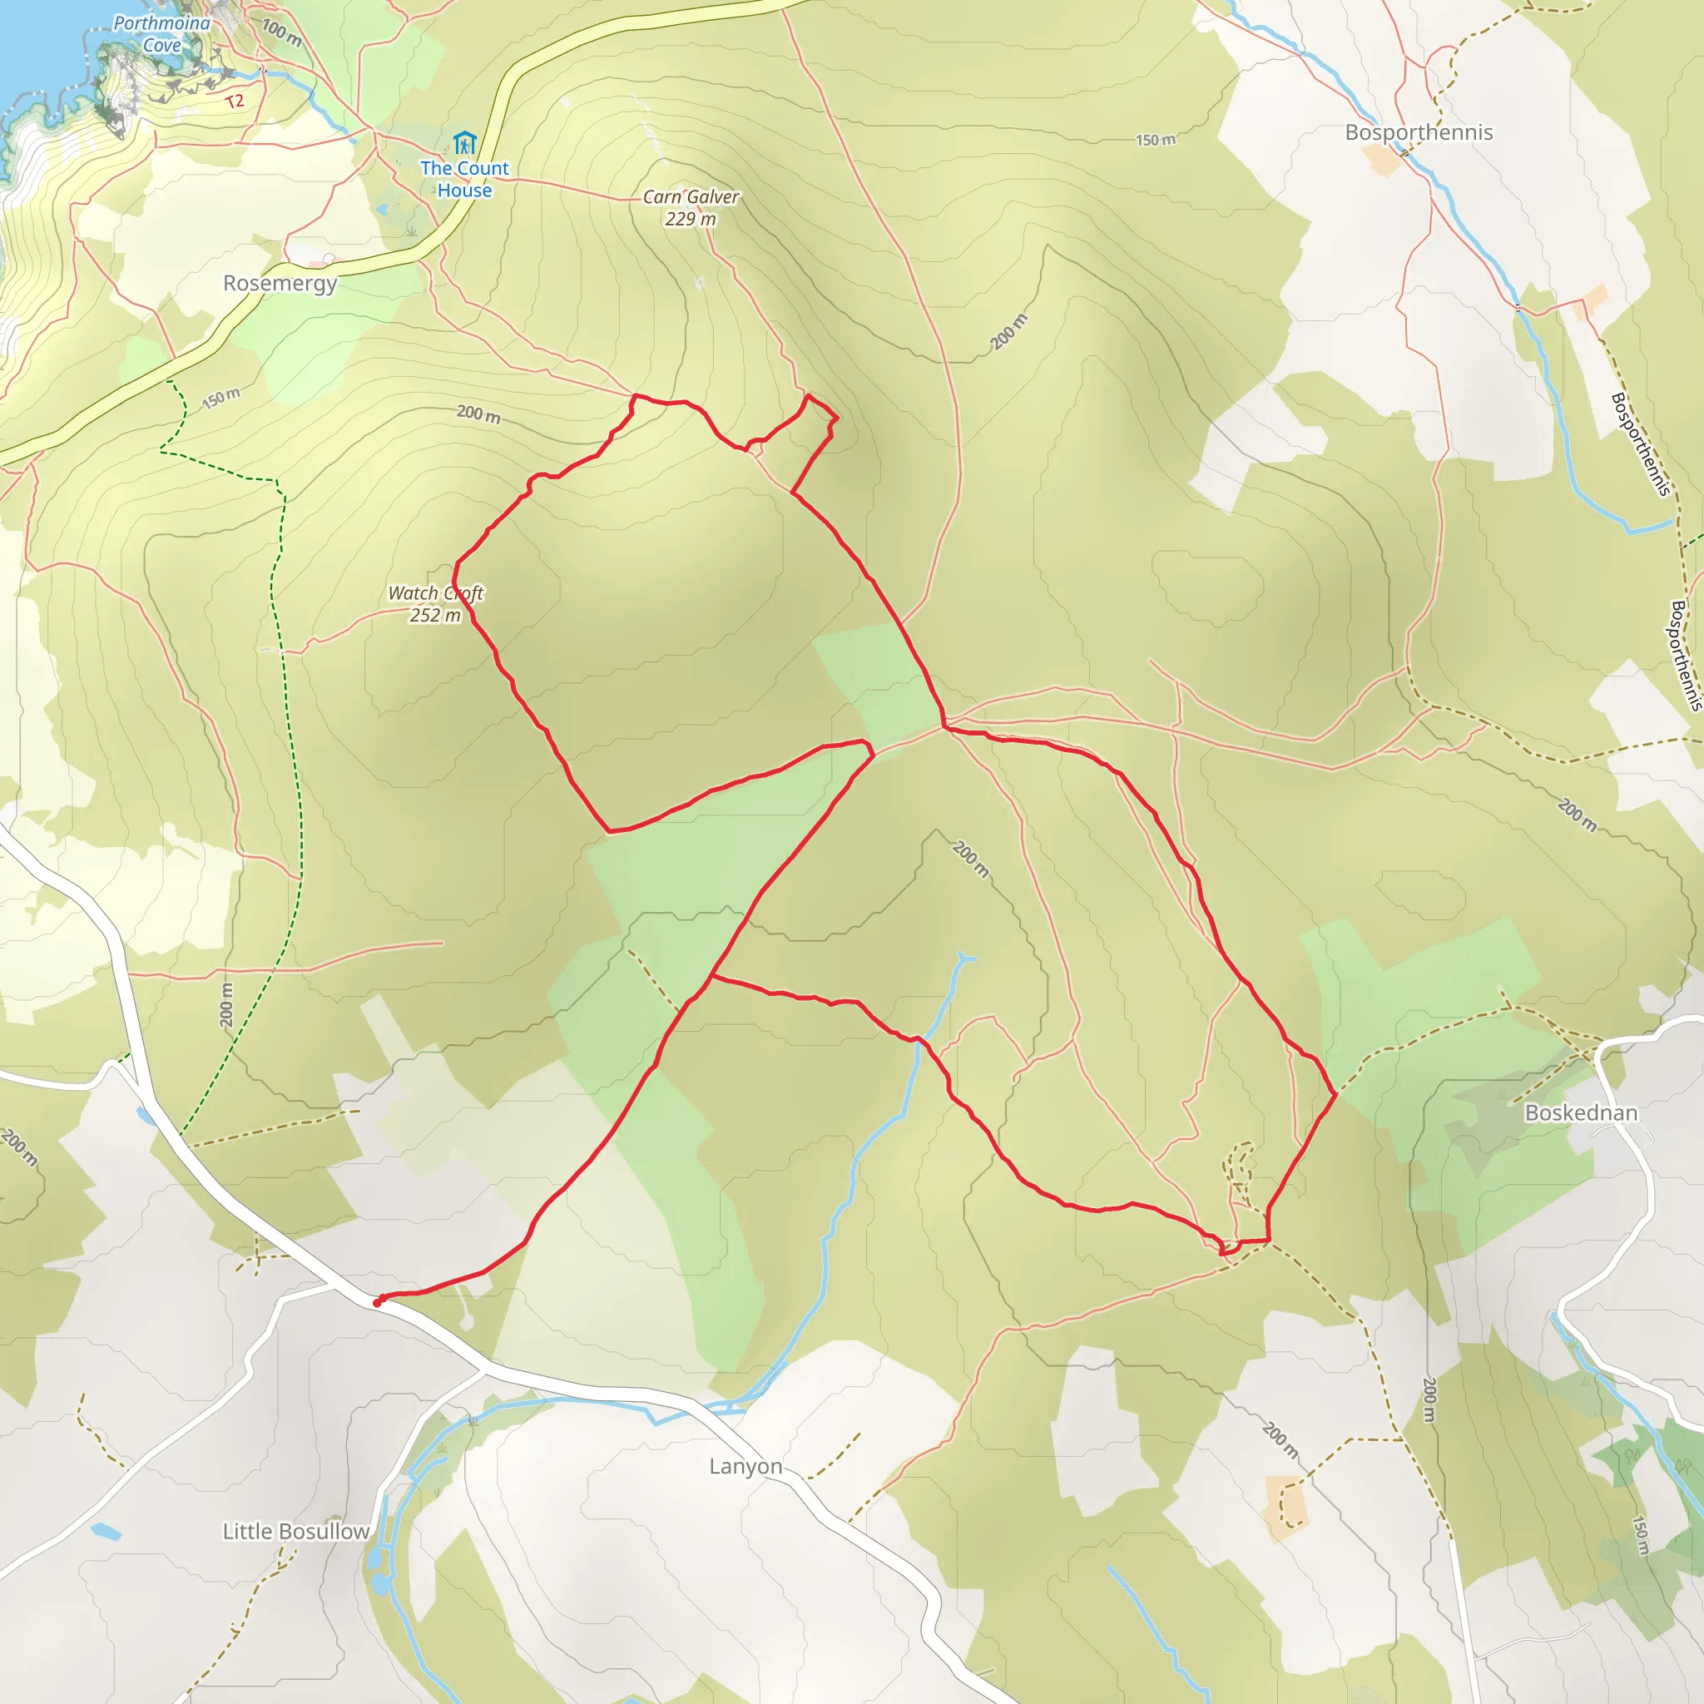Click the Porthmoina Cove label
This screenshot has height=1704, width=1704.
pos(161,33)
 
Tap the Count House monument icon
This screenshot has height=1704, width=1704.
pos(464,142)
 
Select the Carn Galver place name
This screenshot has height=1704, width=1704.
pos(691,196)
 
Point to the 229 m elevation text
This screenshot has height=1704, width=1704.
pos(691,219)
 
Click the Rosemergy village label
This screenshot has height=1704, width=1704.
pos(280,283)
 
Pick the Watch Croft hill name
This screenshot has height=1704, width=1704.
pos(436,592)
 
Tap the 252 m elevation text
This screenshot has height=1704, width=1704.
pos(435,615)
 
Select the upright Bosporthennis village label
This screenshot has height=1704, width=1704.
pos(1419,132)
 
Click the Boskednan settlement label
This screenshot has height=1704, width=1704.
pos(1581,1112)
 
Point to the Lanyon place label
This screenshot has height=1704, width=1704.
pos(745,1466)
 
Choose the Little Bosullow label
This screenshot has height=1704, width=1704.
pos(295,1531)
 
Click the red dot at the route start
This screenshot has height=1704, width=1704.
pos(378,1303)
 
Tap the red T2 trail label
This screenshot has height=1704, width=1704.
pos(234,102)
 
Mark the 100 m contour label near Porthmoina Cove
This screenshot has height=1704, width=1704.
pos(281,32)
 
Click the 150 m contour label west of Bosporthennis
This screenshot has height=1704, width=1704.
pos(1155,139)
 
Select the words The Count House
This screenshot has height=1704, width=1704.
pos(464,179)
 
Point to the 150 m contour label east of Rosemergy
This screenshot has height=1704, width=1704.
pos(220,398)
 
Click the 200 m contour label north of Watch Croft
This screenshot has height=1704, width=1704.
pos(478,413)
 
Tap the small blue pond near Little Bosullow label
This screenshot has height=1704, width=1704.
pos(105,1531)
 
